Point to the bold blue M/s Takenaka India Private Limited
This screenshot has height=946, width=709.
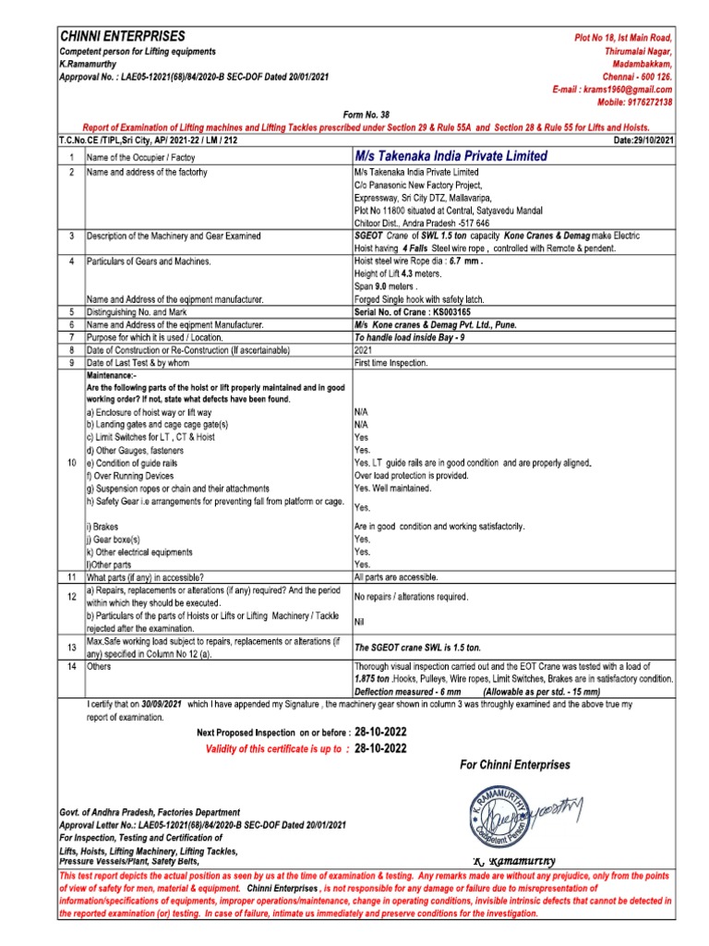[x=450, y=156]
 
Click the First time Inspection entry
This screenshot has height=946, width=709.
[x=391, y=363]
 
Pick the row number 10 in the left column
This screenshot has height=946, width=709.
[x=71, y=461]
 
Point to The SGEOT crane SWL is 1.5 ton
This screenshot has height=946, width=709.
[x=417, y=648]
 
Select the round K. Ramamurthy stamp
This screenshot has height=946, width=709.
[x=496, y=815]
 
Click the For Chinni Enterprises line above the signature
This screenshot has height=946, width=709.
[x=514, y=765]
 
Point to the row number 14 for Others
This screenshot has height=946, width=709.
[x=71, y=665]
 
